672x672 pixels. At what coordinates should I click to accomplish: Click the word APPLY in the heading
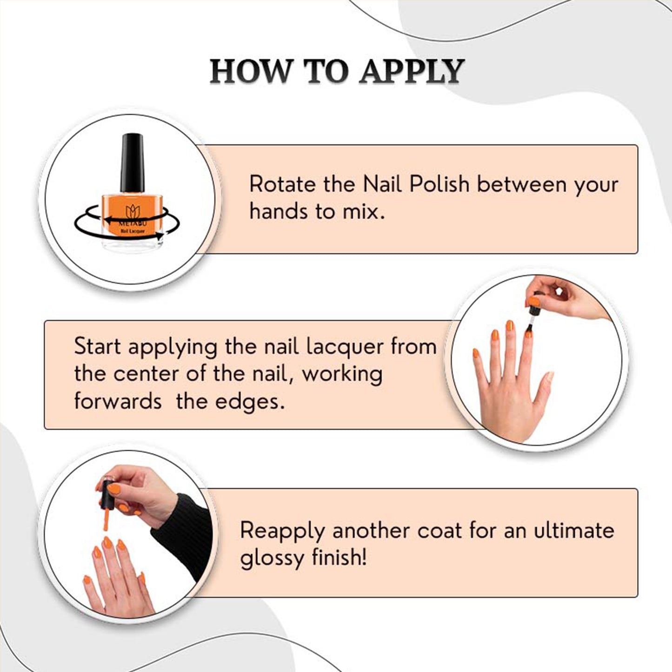tap(412, 72)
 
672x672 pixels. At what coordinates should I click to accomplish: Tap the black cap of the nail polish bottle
tap(132, 163)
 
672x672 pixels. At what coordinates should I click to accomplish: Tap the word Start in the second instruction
tap(97, 346)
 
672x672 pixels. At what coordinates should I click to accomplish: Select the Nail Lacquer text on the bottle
tap(133, 231)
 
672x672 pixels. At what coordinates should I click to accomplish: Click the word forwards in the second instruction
tap(118, 401)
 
